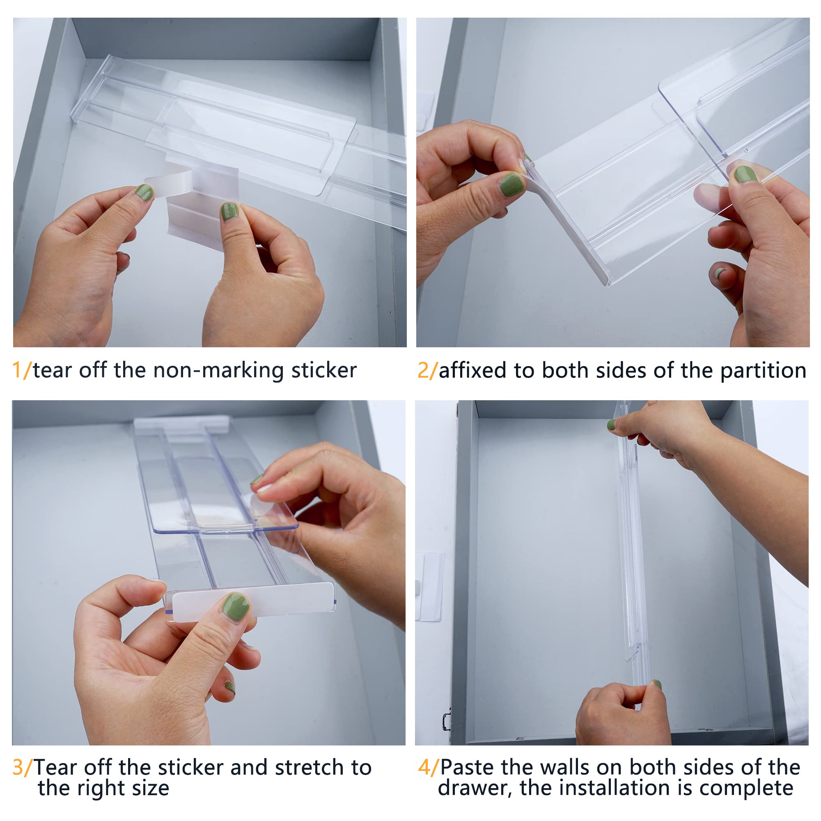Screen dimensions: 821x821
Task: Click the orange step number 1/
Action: click(21, 370)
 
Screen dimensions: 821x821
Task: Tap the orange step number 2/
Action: click(427, 370)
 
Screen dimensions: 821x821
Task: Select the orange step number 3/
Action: click(22, 768)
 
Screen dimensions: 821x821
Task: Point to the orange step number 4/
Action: click(427, 768)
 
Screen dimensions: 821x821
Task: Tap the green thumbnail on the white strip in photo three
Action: click(235, 606)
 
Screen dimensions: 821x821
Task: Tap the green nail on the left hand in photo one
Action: click(144, 193)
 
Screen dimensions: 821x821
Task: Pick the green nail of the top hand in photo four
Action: click(612, 424)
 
